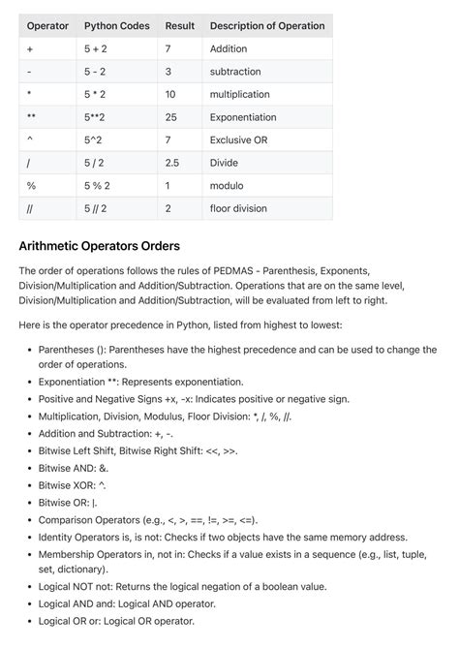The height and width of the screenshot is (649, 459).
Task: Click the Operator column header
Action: [x=47, y=25]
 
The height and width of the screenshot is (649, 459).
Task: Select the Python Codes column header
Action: [x=116, y=25]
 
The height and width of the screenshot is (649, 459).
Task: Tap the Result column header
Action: [x=180, y=25]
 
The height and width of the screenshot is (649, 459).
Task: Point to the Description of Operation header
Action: [x=267, y=25]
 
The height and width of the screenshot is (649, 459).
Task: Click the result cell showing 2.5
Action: [x=172, y=163]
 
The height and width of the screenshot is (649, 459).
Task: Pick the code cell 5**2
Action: [x=98, y=116]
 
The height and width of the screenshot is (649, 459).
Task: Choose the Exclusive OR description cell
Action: [x=239, y=139]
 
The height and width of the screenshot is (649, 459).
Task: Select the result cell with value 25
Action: [x=171, y=116]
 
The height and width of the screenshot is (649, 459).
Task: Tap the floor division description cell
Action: [x=239, y=208]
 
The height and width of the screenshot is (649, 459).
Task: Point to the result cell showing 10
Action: [x=171, y=94]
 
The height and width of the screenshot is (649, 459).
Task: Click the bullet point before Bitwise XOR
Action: [x=27, y=485]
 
